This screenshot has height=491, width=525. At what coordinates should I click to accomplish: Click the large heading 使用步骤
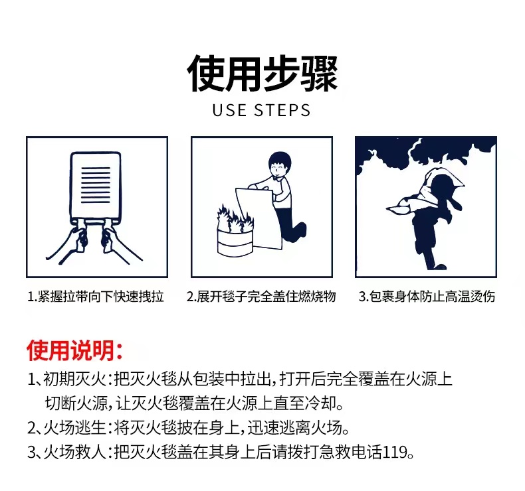tap(262, 73)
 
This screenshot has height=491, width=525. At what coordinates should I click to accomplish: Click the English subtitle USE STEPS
tap(261, 111)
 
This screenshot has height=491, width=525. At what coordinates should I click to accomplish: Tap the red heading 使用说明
tap(74, 350)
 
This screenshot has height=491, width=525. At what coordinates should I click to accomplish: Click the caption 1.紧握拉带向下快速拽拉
tap(96, 297)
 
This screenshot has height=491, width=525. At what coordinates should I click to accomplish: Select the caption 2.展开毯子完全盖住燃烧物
tap(261, 297)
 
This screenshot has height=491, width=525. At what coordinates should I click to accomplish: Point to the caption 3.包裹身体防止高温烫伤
tap(427, 297)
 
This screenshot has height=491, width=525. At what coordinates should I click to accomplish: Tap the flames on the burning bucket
tap(235, 218)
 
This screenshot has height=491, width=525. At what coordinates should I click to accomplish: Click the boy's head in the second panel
tap(280, 165)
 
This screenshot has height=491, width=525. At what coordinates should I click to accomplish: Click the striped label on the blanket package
tap(96, 184)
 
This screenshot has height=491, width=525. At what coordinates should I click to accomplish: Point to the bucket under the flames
tap(235, 242)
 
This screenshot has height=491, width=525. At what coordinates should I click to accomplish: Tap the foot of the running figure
tap(437, 267)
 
